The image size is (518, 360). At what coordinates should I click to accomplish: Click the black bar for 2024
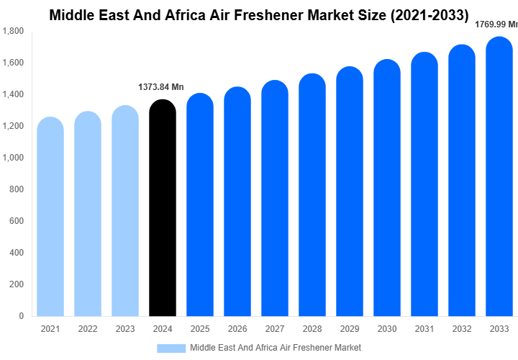(163, 209)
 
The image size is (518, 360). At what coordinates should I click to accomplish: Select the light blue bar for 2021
(50, 216)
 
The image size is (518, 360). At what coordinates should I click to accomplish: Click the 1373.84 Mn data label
(161, 87)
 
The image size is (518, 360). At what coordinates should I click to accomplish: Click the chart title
(259, 14)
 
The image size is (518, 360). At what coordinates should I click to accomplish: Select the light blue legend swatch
(171, 348)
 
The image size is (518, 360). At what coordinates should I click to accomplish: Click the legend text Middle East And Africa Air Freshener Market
(276, 348)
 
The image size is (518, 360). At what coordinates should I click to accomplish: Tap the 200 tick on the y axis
(17, 284)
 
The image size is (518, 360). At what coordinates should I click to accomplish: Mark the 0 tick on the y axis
(21, 316)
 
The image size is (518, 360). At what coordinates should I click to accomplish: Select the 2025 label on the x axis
(200, 330)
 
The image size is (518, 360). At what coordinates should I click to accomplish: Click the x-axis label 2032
(461, 330)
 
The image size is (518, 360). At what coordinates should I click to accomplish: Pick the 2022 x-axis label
(88, 330)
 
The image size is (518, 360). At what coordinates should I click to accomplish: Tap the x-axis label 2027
(275, 330)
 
